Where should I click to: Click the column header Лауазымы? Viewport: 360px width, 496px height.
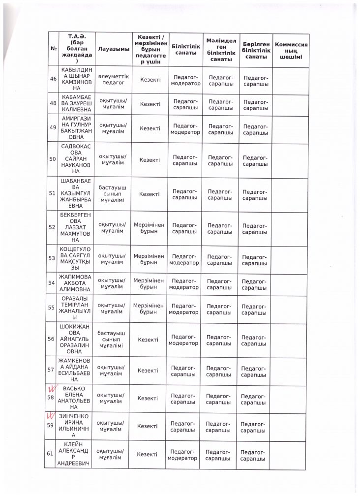[x=114, y=49]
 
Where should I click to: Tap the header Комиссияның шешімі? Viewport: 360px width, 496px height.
[x=291, y=49]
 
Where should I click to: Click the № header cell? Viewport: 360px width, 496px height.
[x=53, y=49]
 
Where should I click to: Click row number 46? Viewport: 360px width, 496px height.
[x=53, y=79]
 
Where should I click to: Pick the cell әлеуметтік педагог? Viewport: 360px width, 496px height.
[x=113, y=79]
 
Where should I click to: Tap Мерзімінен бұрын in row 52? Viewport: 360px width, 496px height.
[x=149, y=227]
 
